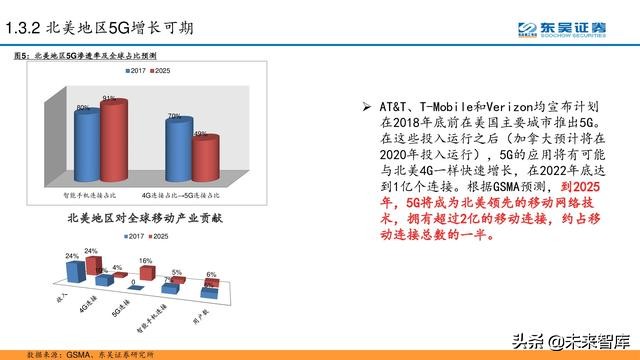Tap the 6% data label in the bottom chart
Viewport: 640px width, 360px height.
click(211, 274)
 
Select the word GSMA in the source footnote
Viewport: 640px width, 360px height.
click(80, 353)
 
